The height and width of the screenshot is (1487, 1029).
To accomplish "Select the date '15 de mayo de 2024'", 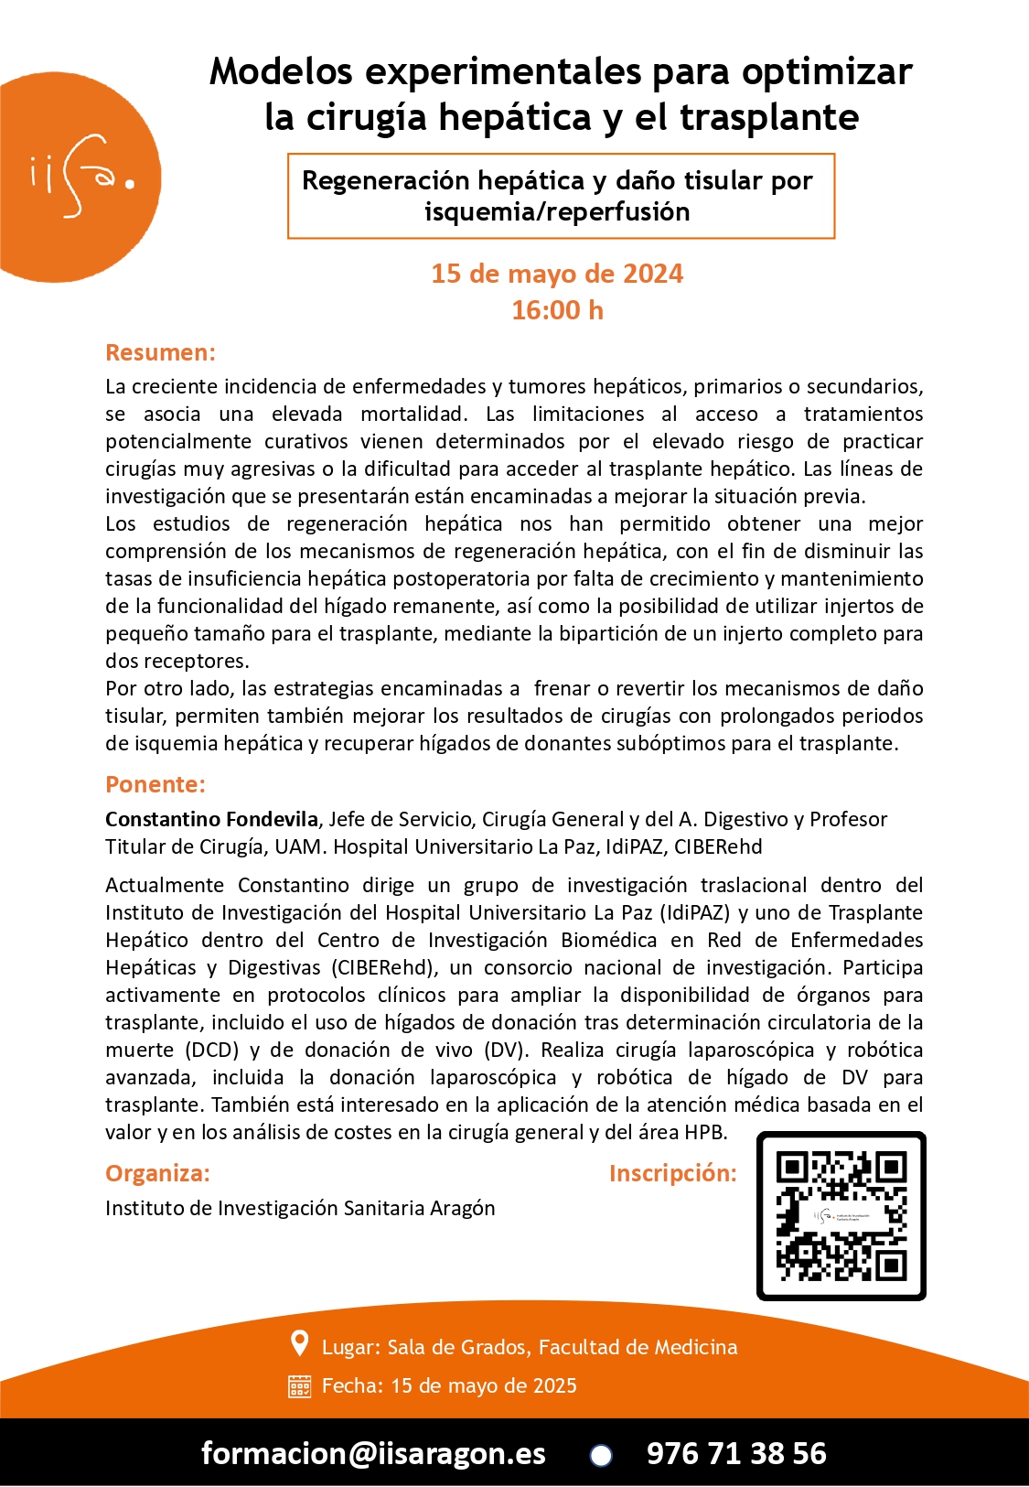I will coord(557,274).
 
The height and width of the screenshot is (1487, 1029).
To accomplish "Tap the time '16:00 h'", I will coord(557,310).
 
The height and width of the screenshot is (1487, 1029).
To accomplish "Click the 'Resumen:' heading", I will coord(160,352).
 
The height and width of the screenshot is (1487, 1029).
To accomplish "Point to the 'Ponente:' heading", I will coord(155,784).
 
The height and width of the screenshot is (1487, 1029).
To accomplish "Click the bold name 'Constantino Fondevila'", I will coord(211,819).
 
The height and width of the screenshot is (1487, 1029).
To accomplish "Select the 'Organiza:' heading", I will coord(157,1173).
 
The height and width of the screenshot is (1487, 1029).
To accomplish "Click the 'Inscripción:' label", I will coord(672,1173).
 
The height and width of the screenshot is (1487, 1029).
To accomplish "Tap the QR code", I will coord(841,1216).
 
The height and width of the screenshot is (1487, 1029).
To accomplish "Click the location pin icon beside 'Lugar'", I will coord(299,1343).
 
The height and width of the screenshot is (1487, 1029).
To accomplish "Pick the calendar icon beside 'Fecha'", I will coord(299,1386).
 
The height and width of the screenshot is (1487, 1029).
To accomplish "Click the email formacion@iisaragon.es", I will coord(373,1453).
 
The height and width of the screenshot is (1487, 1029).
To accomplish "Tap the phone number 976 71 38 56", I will coord(736,1453).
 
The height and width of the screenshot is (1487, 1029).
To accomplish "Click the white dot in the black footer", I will coord(601,1455).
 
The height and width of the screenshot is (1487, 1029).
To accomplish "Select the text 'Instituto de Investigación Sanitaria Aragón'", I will coord(300,1208).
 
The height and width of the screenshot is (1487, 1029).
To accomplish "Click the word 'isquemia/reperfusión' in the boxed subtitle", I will coord(557,211).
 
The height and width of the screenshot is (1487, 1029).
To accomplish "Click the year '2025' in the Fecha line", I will coord(554,1385).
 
